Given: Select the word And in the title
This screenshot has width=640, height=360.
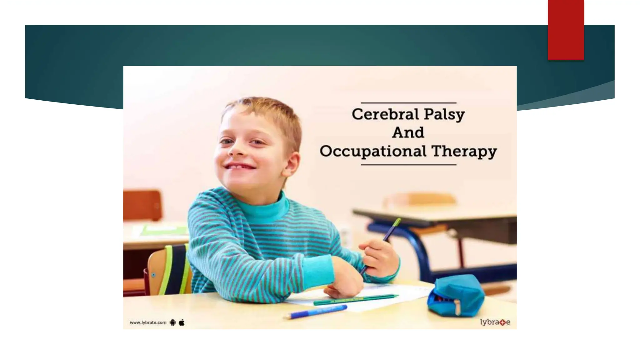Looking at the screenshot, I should pyautogui.click(x=408, y=132).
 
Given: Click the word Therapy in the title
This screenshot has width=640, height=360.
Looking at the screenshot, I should pyautogui.click(x=464, y=152).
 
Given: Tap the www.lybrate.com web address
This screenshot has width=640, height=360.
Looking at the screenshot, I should pyautogui.click(x=148, y=322).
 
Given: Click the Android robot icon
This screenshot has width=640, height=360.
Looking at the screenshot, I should pyautogui.click(x=172, y=322).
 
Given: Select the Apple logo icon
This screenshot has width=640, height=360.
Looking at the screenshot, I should pyautogui.click(x=182, y=322).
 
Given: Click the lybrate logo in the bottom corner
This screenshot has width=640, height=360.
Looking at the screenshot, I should pyautogui.click(x=495, y=322).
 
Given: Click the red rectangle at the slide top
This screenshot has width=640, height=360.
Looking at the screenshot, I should pyautogui.click(x=566, y=30).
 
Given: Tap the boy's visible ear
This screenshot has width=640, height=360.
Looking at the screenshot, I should pyautogui.click(x=292, y=164).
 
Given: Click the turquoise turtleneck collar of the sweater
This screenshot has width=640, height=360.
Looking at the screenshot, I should pyautogui.click(x=269, y=206).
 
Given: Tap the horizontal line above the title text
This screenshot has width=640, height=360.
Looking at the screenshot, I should pyautogui.click(x=408, y=103).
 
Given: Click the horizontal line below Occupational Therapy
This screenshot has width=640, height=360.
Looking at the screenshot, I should pyautogui.click(x=408, y=165).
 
